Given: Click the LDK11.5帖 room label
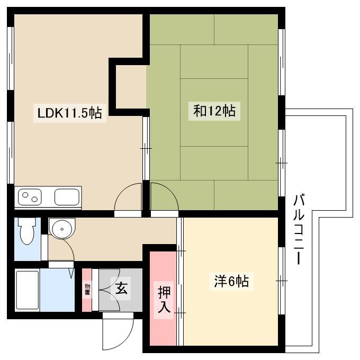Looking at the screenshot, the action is [69, 113].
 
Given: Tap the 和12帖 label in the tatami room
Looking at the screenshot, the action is [214, 111].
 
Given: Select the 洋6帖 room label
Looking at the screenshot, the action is [231, 281].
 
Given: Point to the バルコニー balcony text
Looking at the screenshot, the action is [299, 229].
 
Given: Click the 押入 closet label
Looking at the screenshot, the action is [164, 300].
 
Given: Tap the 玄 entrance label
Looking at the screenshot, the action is [121, 289].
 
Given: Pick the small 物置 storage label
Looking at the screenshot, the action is [87, 289].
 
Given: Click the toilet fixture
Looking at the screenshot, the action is [27, 231].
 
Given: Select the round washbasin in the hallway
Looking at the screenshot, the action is [62, 229].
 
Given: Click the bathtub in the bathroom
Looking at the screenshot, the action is [28, 290].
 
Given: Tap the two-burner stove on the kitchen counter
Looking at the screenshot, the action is [30, 197].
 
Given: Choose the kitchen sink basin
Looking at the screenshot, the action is [67, 197].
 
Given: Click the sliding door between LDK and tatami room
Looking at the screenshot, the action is [146, 148].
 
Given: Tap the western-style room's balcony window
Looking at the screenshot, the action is [282, 281].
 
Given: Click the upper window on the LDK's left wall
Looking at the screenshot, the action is [11, 59].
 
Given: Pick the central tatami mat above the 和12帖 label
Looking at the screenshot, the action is [214, 62].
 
